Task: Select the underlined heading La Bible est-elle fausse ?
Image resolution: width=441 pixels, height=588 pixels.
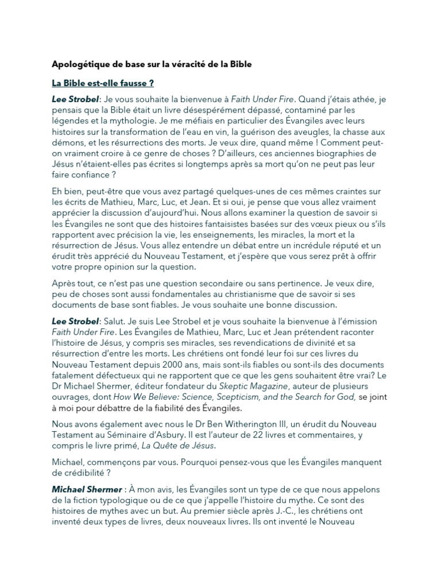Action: tap(103, 83)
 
